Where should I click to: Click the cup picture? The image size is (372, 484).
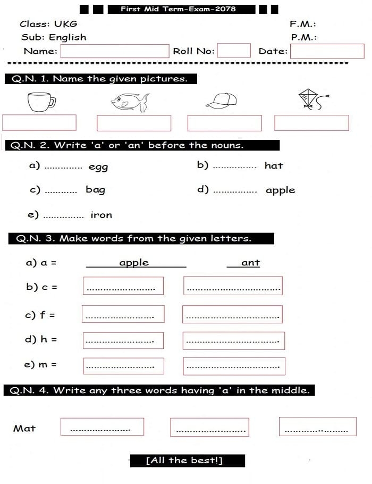click(41, 101)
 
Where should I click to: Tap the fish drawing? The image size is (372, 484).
click(130, 102)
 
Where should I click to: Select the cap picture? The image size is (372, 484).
click(221, 101)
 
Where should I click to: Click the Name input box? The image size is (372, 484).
click(115, 51)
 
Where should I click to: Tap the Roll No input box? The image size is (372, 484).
click(234, 51)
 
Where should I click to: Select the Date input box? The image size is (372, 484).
click(327, 51)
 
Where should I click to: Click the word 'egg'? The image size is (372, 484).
click(98, 167)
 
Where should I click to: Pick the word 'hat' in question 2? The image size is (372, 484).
click(274, 165)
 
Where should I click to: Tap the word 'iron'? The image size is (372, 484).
click(102, 215)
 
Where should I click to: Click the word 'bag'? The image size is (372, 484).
click(96, 189)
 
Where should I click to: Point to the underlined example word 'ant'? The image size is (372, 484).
click(250, 263)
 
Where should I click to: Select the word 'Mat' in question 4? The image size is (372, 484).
click(24, 428)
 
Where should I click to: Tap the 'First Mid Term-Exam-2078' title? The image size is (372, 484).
click(178, 9)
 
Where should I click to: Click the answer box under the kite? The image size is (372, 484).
click(311, 123)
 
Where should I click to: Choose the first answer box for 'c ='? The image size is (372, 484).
click(123, 286)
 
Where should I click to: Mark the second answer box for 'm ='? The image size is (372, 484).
click(234, 366)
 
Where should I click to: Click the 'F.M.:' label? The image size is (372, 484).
click(303, 24)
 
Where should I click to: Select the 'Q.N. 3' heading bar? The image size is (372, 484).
click(141, 238)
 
